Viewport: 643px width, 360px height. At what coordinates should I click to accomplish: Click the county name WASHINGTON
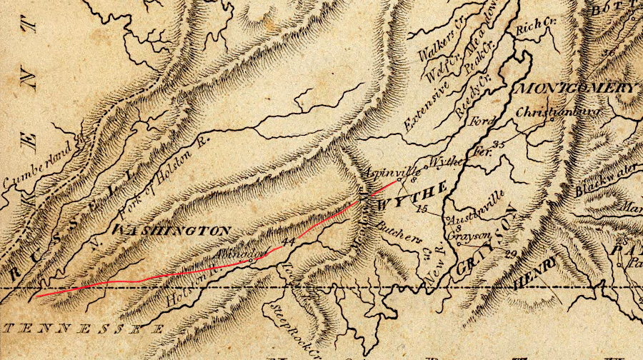pyautogui.click(x=172, y=231)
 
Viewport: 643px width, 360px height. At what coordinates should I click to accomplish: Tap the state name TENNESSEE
pyautogui.click(x=81, y=328)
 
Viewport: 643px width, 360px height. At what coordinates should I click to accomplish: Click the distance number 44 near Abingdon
pyautogui.click(x=289, y=242)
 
